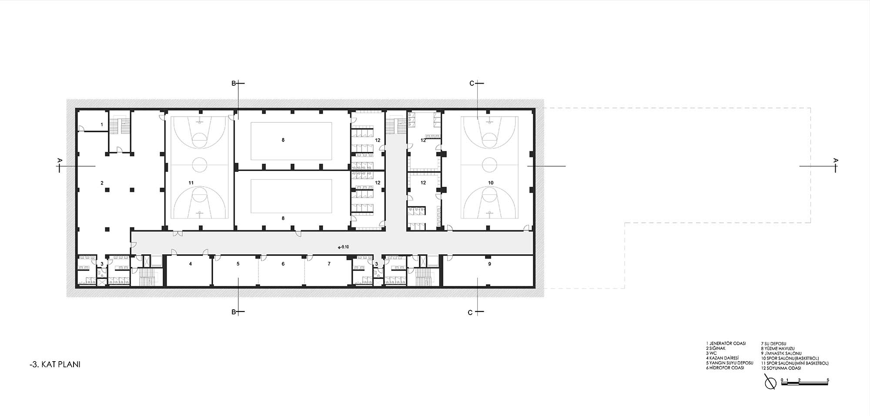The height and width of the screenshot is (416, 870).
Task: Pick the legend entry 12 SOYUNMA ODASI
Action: (781, 368)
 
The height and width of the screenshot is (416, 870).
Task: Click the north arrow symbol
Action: (770, 383)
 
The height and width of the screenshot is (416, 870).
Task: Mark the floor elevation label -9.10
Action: (343, 247)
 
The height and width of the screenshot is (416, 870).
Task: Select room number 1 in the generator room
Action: (102, 124)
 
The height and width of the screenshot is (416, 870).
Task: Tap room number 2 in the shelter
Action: (102, 183)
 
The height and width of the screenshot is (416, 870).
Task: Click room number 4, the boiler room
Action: (190, 264)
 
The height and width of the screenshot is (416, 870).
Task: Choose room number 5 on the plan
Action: (238, 264)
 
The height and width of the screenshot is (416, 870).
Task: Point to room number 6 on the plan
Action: (283, 264)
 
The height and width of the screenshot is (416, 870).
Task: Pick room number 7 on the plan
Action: (329, 264)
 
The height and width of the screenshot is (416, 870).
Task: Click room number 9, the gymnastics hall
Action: (489, 264)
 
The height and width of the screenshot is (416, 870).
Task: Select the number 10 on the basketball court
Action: (491, 183)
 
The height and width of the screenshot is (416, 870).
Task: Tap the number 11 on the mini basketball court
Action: (191, 183)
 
